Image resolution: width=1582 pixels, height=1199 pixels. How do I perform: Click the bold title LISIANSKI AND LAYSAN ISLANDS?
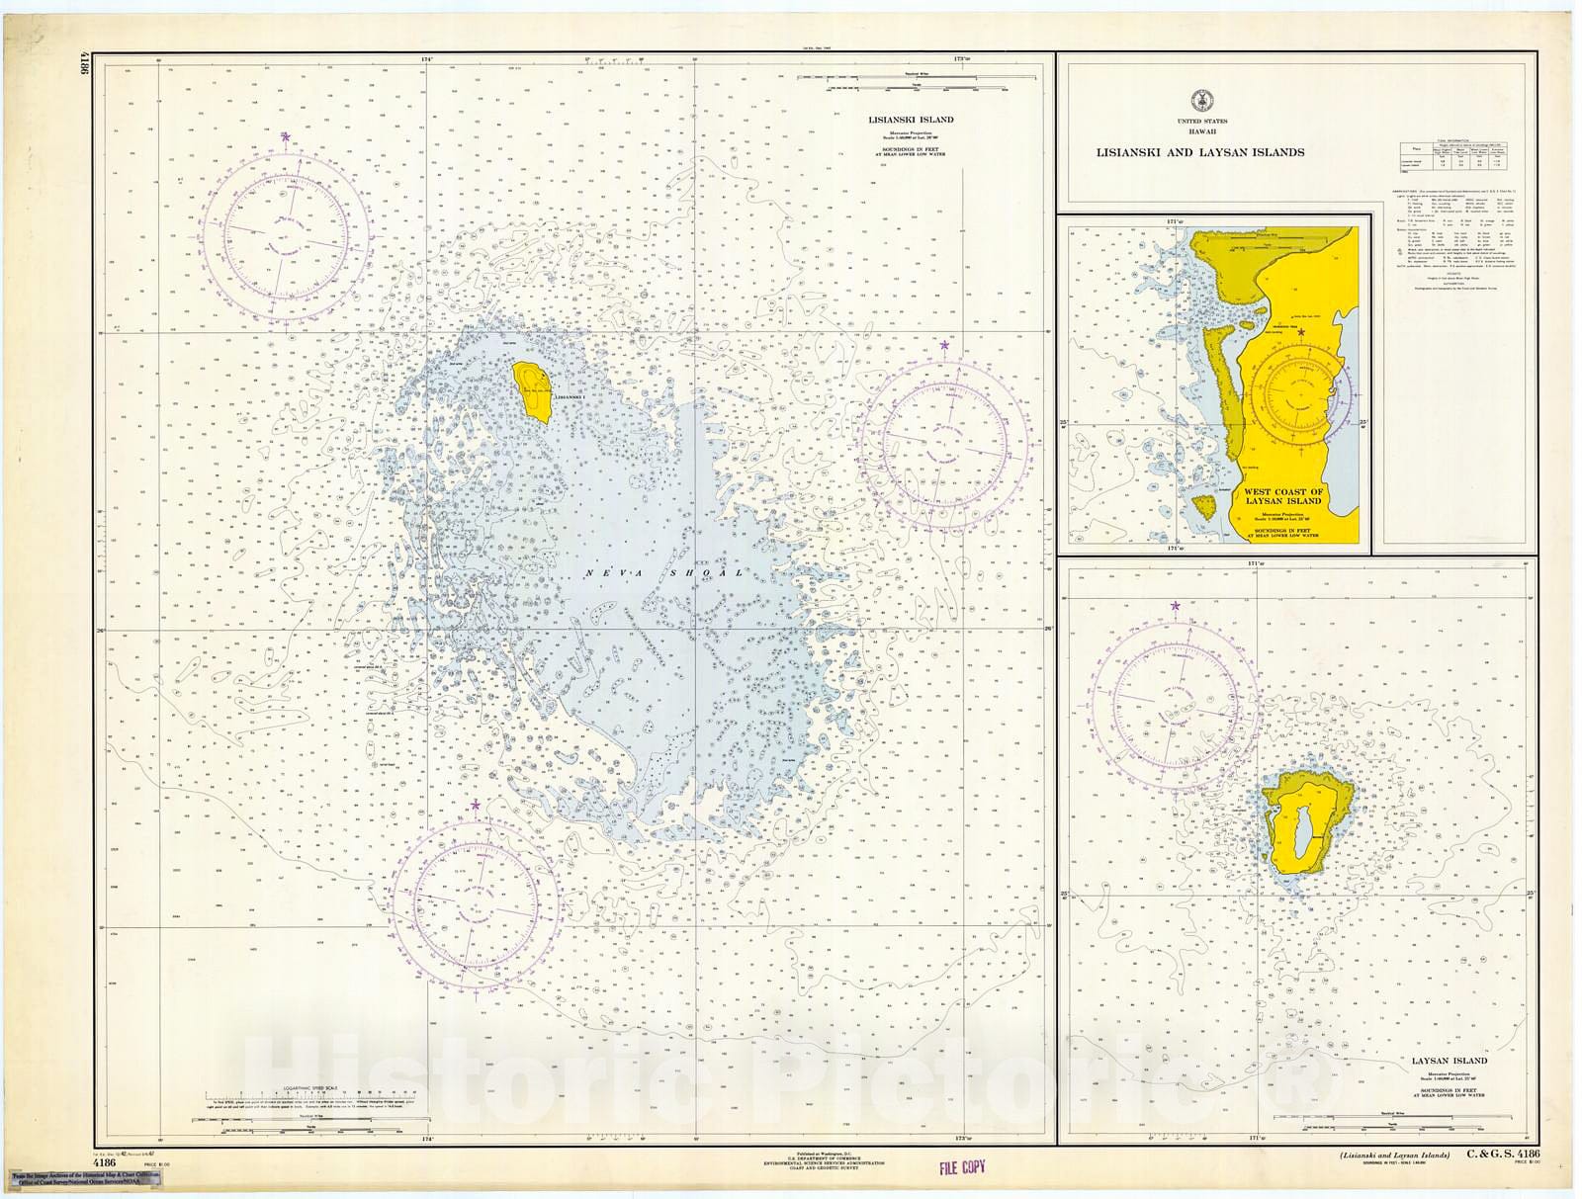tap(1198, 152)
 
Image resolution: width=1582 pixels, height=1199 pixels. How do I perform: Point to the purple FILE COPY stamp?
tap(962, 1167)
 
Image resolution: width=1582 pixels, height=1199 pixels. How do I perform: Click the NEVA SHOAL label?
tap(662, 573)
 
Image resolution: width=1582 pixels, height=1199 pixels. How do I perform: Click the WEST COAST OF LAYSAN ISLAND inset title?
tap(1282, 496)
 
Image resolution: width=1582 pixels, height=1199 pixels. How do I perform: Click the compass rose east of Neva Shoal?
tap(946, 441)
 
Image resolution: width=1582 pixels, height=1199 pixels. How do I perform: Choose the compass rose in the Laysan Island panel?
tap(1176, 697)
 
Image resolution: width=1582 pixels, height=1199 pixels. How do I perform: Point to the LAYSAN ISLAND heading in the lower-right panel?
tap(1450, 1062)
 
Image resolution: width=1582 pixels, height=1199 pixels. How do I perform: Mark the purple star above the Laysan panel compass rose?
tap(1176, 605)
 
